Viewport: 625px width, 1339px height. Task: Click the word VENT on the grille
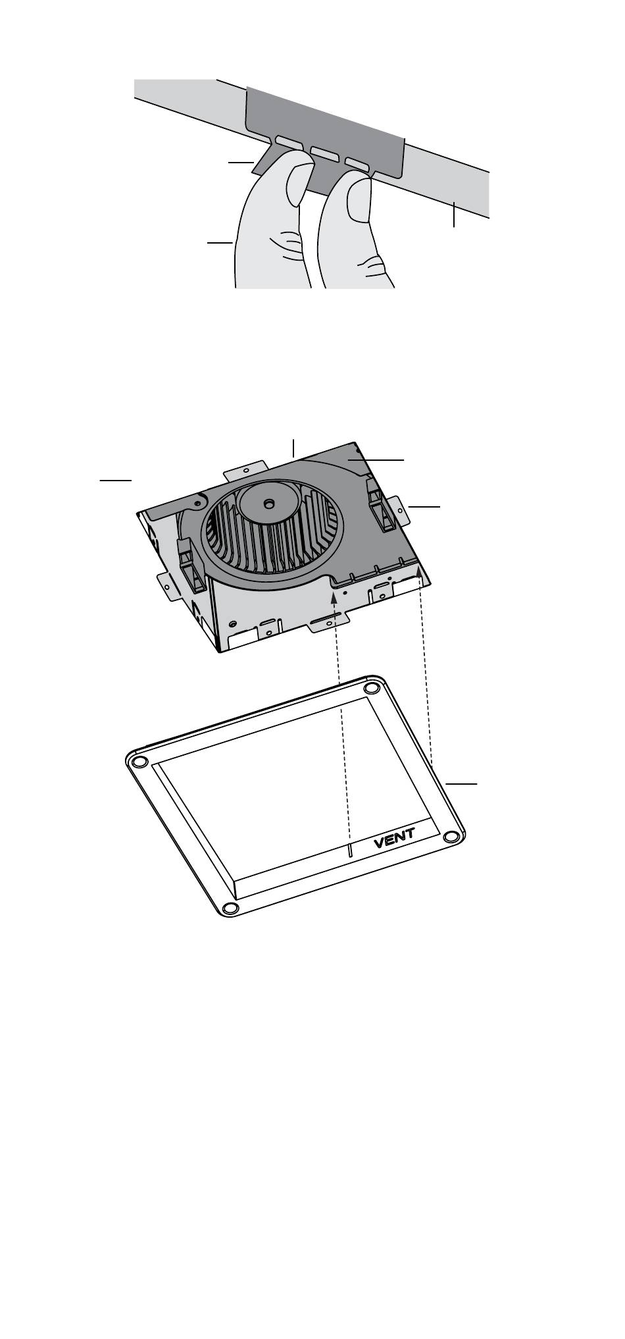(395, 837)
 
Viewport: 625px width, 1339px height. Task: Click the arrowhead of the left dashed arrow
(335, 598)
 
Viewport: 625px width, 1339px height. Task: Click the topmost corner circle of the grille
(372, 687)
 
